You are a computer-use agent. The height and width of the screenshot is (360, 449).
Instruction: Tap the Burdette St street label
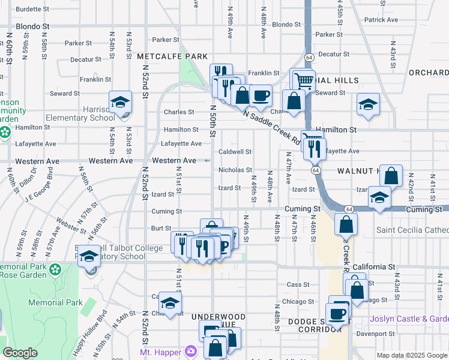coord(32,10)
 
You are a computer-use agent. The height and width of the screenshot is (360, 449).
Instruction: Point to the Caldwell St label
coord(235,152)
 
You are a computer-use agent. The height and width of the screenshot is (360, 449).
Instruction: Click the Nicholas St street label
coord(235,170)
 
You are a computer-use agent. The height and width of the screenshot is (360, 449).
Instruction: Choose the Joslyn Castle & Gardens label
coord(409,319)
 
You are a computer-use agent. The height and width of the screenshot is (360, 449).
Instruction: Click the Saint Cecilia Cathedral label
coord(412,230)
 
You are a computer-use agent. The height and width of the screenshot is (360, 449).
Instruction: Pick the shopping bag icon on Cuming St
coord(346,225)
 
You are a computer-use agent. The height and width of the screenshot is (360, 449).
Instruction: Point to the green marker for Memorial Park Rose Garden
coord(55,271)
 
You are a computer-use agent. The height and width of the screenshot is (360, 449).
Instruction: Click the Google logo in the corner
coord(20,353)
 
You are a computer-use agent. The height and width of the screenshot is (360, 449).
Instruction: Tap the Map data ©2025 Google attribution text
coord(412,355)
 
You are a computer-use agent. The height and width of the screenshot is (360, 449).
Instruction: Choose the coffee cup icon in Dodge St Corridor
coord(336,313)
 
